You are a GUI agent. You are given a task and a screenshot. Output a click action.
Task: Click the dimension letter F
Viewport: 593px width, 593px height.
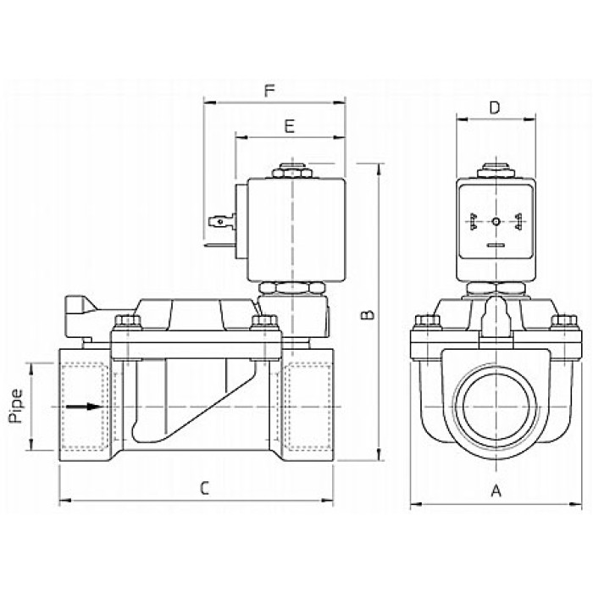click(x=269, y=91)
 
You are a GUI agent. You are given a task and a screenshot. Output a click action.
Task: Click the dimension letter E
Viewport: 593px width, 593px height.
click(x=290, y=126)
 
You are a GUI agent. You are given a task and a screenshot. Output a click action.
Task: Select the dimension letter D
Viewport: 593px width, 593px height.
click(x=495, y=108)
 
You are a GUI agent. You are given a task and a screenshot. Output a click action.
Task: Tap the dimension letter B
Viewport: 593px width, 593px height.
click(x=367, y=314)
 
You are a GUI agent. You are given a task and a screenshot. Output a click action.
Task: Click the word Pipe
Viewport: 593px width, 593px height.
click(x=16, y=406)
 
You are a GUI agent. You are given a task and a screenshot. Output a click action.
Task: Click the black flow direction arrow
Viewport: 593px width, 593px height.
click(x=84, y=407)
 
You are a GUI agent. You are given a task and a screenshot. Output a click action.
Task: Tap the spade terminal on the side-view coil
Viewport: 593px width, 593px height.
click(x=222, y=221)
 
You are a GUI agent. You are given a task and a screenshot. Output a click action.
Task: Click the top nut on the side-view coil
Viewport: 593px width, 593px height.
click(x=292, y=171)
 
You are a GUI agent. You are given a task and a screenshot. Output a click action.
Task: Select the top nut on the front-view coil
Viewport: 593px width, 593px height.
click(x=496, y=171)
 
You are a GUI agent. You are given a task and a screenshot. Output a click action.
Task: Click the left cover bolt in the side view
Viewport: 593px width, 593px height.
click(x=127, y=322)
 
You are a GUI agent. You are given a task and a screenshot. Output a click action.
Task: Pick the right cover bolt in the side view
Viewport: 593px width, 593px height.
click(x=264, y=322)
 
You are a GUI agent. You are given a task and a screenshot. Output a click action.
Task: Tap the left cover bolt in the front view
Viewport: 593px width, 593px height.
click(x=428, y=322)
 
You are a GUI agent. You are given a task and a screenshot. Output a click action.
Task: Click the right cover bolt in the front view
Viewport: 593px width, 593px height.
click(x=564, y=322)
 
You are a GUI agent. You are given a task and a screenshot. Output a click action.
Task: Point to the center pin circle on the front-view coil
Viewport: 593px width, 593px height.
click(x=496, y=222)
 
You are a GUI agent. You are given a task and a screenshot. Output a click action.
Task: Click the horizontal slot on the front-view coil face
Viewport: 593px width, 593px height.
click(x=496, y=245)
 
